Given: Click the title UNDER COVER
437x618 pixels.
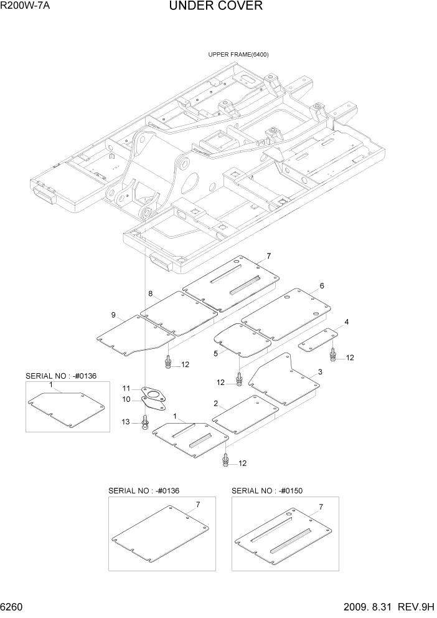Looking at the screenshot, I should [215, 6].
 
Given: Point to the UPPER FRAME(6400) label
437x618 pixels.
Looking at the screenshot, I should [238, 55].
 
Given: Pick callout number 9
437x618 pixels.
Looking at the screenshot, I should [113, 315].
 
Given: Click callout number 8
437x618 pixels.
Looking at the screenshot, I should [150, 293].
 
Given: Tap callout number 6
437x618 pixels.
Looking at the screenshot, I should [322, 286].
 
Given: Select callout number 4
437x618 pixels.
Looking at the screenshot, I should [346, 322].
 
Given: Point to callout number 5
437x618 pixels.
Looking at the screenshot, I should [215, 353].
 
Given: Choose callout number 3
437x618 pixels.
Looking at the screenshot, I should [319, 372].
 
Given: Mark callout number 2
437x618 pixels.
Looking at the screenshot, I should [215, 403].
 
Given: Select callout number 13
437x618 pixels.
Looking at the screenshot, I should [125, 422].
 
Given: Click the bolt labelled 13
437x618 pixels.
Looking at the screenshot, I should [145, 424].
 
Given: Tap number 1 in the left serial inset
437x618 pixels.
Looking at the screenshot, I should [50, 386].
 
